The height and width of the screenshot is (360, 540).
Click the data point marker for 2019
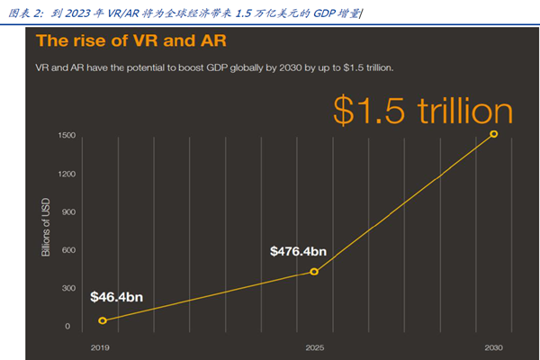(103, 320)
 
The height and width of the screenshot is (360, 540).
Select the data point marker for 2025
(314, 271)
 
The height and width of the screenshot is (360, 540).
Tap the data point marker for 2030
(493, 134)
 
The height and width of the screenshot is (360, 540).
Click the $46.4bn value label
(116, 296)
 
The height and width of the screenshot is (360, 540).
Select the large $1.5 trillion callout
(422, 111)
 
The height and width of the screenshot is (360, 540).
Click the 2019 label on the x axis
(101, 346)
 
